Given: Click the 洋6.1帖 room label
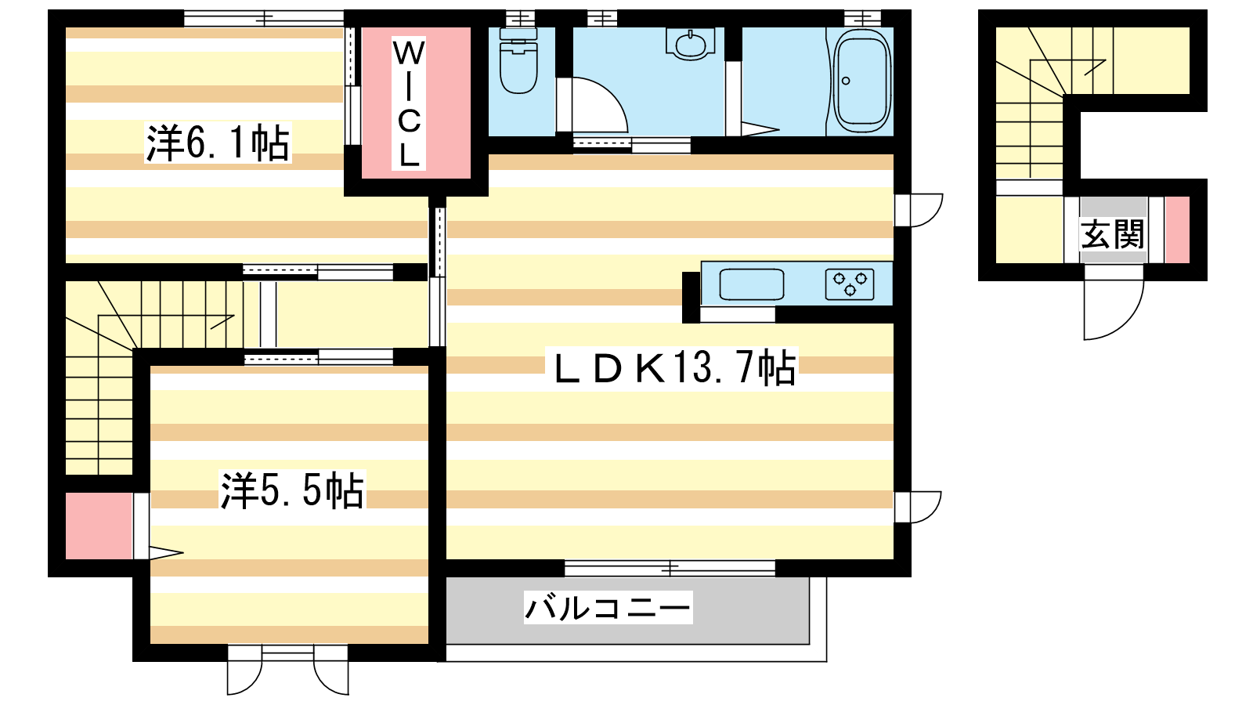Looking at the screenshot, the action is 218,143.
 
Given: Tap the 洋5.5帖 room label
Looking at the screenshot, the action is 293,490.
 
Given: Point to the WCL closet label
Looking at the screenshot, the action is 409,103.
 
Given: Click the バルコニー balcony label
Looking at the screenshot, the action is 608,607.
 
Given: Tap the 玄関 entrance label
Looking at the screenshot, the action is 1113,234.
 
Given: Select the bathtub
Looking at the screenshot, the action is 861,81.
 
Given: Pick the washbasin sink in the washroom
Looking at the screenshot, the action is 691,45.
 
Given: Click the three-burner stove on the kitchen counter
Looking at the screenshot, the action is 850,285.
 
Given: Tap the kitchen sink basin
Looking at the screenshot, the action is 751,285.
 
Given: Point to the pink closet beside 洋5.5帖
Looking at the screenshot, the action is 99,526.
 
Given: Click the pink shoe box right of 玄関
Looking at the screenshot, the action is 1177,230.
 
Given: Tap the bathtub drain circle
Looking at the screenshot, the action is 846,81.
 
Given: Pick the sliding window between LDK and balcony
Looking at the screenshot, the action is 670,569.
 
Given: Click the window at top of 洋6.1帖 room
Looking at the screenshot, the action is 263,19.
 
